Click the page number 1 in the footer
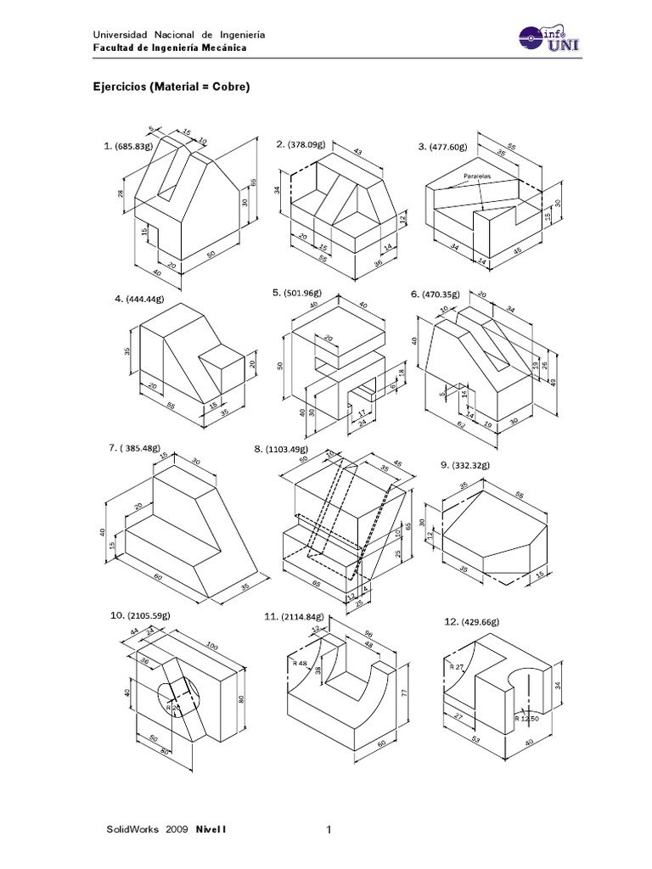pyautogui.click(x=328, y=829)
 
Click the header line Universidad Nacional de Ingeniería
pyautogui.click(x=178, y=34)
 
